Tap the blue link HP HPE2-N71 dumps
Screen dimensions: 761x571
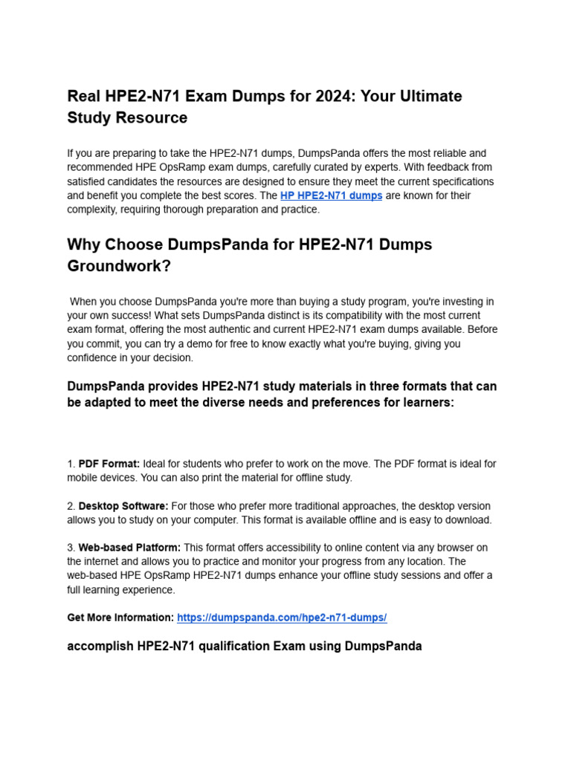click(x=331, y=195)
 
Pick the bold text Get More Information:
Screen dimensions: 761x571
click(x=120, y=618)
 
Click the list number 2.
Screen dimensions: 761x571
click(x=70, y=505)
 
